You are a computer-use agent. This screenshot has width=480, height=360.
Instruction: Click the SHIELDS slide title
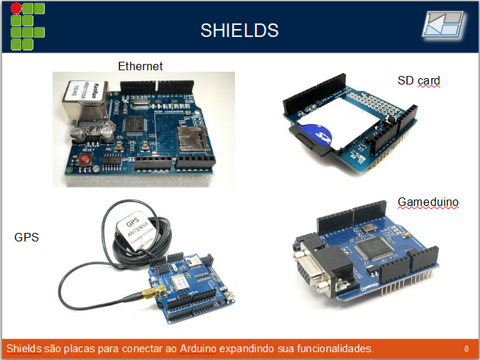click(239, 31)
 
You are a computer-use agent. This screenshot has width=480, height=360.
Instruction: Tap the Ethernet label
click(140, 66)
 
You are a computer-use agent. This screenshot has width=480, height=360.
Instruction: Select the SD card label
click(419, 81)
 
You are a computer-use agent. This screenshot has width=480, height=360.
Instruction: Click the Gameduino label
click(427, 202)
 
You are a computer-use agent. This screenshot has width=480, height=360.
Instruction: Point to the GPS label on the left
click(26, 237)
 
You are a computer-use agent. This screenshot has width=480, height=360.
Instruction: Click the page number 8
click(466, 349)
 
